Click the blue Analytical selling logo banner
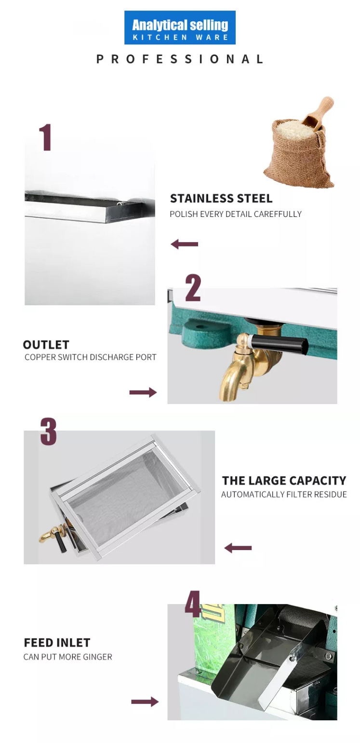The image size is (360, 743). tap(180, 27)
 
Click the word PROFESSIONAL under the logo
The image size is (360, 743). tap(180, 59)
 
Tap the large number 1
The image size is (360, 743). tap(45, 137)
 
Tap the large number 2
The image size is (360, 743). tap(193, 287)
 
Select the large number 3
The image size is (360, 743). tap(48, 431)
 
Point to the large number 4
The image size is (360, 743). tap(193, 604)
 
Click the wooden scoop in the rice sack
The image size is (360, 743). tap(318, 114)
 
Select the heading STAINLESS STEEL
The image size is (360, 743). tap(221, 198)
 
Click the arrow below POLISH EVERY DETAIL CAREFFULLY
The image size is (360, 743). tap(184, 244)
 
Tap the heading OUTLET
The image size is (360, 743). tap(46, 345)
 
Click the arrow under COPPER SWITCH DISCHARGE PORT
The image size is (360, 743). tap(143, 392)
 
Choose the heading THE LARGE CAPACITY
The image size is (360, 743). tap(284, 480)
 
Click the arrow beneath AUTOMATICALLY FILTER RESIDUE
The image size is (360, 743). tap(238, 548)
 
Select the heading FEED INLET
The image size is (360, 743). tap(57, 643)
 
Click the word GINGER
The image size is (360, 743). tap(97, 657)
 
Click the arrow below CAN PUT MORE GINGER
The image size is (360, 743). tap(145, 702)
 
